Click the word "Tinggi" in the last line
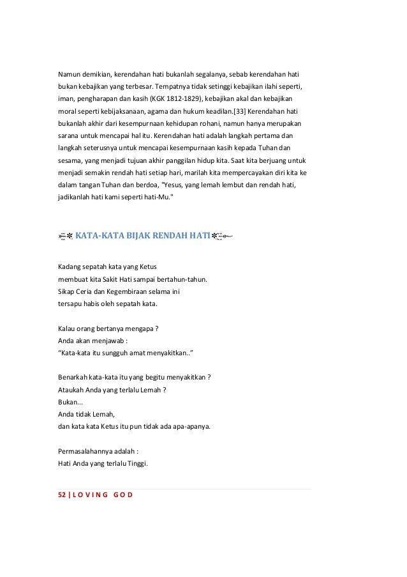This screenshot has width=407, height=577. (136, 463)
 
